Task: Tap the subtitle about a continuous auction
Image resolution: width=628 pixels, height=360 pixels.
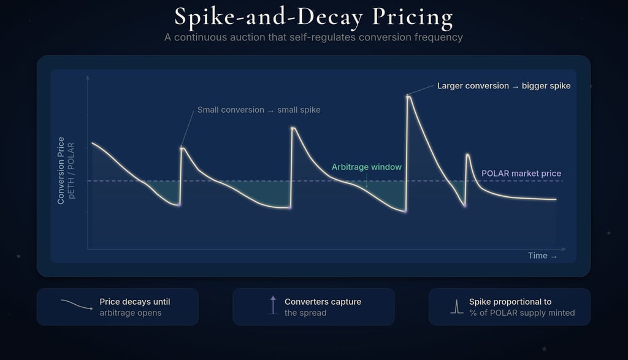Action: coord(313,37)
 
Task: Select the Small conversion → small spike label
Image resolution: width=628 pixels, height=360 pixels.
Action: coord(259,110)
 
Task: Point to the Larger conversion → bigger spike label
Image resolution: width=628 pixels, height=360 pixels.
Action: coord(504,86)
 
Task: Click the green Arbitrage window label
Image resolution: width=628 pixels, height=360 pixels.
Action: coord(367,167)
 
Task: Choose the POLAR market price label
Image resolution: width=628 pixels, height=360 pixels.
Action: coord(521,174)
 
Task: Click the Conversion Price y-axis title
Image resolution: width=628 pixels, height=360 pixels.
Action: coord(61,170)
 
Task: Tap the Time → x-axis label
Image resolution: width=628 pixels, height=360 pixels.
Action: coord(543,256)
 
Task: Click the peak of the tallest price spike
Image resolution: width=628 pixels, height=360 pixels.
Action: coord(408,96)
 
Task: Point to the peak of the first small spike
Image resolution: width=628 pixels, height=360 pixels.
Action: coord(182,147)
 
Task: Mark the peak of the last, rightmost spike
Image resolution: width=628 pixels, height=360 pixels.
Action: coord(467,155)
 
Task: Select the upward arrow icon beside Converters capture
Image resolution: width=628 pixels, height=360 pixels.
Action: coord(273,305)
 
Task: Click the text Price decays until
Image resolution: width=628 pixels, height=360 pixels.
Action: coord(135,302)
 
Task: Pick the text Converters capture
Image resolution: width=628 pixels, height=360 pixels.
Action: coord(323,302)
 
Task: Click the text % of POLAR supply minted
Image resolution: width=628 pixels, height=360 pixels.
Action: coord(522,313)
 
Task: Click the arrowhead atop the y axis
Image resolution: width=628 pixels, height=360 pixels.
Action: coord(88,77)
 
